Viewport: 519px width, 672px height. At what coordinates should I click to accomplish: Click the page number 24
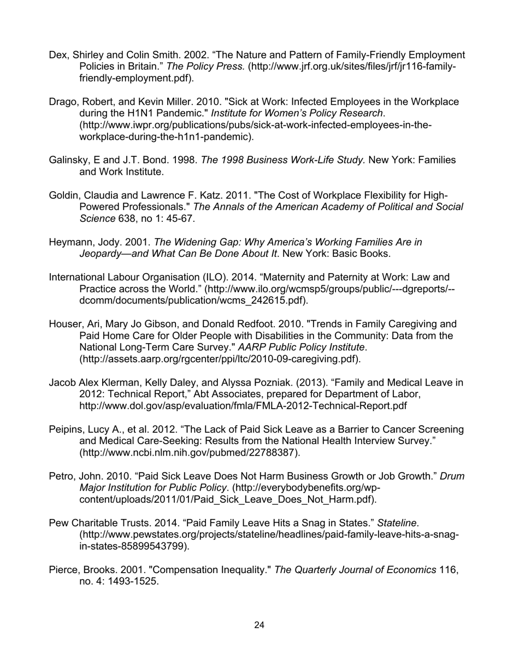259,625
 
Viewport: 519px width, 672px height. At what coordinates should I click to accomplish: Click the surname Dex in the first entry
58,55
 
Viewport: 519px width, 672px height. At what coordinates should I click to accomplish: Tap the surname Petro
61,476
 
